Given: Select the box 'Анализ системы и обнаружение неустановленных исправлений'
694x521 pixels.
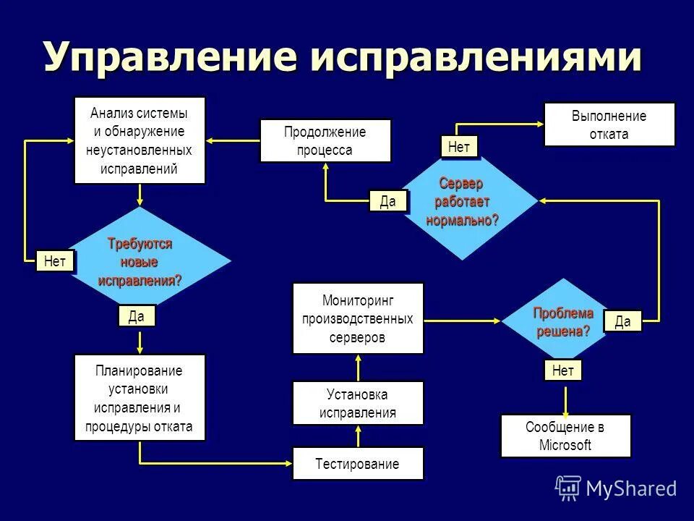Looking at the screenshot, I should [140, 140].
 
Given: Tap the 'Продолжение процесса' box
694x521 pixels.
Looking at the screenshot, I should [325, 141].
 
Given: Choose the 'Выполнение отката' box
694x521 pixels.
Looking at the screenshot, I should [609, 124].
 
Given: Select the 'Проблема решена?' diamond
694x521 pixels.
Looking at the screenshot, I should [564, 322].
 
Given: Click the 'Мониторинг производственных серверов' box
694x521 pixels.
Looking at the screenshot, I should [358, 318].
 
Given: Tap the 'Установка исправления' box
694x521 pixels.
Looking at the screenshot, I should [358, 404].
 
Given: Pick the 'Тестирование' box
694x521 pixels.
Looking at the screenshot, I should [358, 464].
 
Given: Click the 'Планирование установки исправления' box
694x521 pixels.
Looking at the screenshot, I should [140, 398].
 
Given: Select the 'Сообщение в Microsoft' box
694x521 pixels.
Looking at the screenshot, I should [565, 436].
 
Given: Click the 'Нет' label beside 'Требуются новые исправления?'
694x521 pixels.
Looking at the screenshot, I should [55, 260].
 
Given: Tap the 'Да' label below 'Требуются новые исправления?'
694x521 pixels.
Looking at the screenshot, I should [137, 316].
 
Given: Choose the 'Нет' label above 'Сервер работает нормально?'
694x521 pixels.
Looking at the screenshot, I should [459, 147].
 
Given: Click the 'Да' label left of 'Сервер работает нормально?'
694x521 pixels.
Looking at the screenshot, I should [388, 201].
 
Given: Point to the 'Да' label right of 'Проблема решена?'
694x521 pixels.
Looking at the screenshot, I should [622, 321].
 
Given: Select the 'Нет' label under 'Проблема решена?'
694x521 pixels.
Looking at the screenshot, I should [562, 370].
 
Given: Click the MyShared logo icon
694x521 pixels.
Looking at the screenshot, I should [568, 488].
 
